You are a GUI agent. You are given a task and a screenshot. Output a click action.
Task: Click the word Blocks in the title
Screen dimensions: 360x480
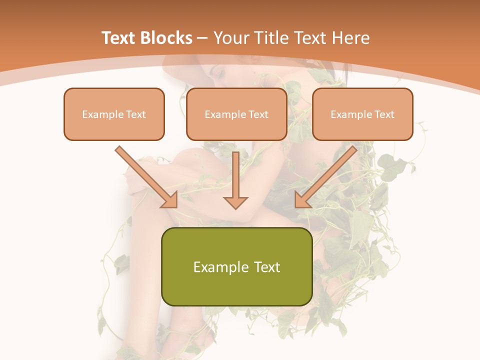[x=166, y=38]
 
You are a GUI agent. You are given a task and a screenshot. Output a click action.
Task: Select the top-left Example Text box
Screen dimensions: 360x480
[x=114, y=114]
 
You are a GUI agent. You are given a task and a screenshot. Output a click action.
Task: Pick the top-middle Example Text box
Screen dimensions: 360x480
[x=236, y=114]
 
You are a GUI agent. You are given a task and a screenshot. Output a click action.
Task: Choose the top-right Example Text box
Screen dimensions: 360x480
[x=362, y=114]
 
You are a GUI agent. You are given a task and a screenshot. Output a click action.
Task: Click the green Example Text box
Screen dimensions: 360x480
[x=236, y=266]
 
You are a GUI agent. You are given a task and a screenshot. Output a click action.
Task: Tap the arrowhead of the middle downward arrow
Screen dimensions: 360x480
[x=235, y=201]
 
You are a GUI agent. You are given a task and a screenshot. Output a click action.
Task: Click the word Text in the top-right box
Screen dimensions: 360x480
[x=384, y=114]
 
